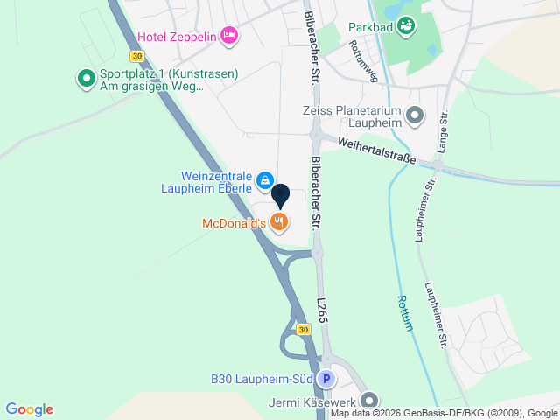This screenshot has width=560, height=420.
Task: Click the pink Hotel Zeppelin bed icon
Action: (229, 35)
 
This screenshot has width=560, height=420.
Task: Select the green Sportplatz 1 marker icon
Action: (87, 80)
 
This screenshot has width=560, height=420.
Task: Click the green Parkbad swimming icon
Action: (406, 27)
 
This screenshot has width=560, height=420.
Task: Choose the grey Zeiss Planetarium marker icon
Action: (415, 115)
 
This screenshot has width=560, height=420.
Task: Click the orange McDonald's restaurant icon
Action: (279, 222)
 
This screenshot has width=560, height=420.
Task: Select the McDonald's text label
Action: (234, 223)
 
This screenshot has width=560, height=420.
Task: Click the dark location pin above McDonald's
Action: (280, 195)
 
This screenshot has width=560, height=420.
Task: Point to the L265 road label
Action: (322, 310)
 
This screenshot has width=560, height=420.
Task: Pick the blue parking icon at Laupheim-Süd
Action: (326, 380)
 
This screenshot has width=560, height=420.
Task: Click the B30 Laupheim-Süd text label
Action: (262, 380)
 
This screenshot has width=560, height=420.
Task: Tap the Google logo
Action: (29, 409)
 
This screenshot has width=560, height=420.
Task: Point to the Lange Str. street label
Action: (443, 131)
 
